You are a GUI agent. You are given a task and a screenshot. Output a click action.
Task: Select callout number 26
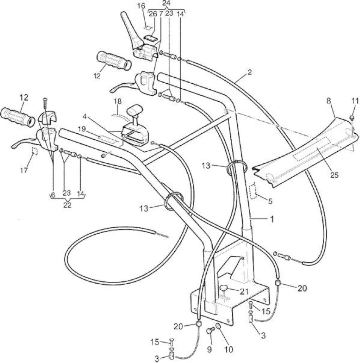pos(153,14)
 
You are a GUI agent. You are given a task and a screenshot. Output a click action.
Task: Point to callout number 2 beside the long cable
pos(249,72)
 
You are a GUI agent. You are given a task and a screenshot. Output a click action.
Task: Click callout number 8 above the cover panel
pos(329,101)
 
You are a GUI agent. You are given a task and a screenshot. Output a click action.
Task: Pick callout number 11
pos(355,101)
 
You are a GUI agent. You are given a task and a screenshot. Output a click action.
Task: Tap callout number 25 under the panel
pos(334,175)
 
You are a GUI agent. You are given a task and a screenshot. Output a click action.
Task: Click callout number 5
pos(270,201)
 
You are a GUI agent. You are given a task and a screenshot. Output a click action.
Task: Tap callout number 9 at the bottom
pos(209,349)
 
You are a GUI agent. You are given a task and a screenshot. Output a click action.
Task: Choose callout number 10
pos(229,349)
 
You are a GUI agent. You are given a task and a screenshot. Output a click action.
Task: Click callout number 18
pos(118,101)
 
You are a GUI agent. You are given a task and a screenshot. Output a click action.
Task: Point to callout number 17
pos(24,170)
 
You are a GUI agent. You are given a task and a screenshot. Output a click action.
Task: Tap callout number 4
pos(85,116)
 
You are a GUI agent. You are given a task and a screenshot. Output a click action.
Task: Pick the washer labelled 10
pos(218,326)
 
